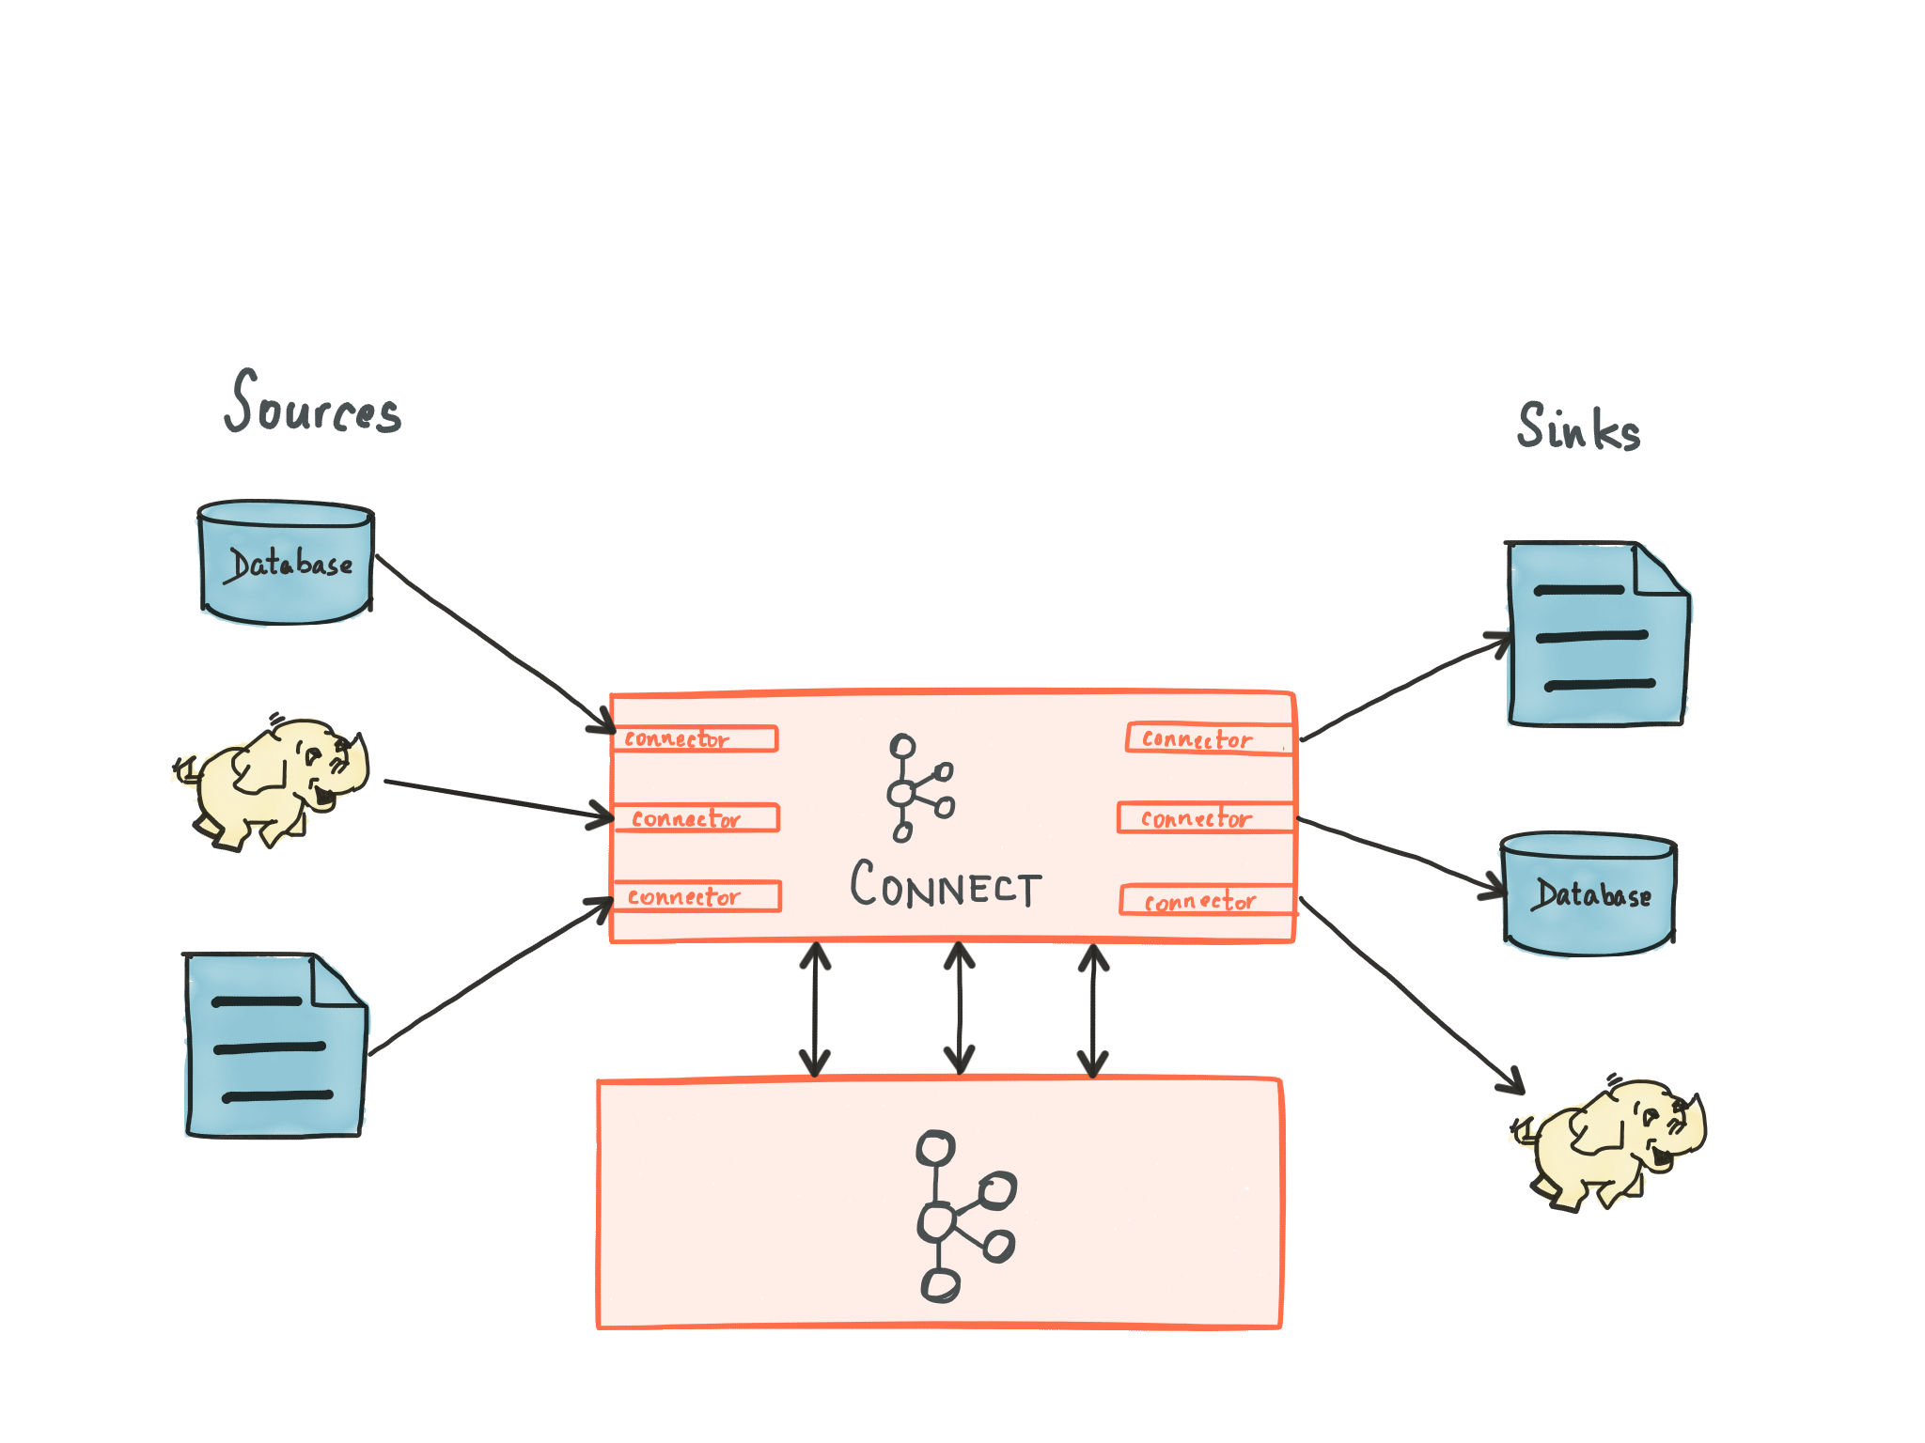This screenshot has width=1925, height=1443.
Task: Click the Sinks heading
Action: click(1578, 428)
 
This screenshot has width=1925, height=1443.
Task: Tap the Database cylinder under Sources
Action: click(286, 564)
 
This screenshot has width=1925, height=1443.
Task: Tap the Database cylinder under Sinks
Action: click(1589, 894)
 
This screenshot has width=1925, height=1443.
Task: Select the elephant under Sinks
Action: click(1607, 1142)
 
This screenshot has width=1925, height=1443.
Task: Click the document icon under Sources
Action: click(274, 1047)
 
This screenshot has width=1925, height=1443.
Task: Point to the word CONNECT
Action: click(945, 885)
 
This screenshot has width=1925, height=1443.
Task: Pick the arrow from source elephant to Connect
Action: click(498, 799)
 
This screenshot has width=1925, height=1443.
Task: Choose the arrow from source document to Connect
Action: click(489, 977)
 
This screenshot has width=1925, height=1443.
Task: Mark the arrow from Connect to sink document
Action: click(1401, 686)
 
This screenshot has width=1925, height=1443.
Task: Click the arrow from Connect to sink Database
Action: click(1401, 851)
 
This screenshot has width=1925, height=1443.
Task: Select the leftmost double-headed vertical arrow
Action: click(814, 1009)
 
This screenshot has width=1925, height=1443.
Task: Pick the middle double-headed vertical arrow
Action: click(959, 1009)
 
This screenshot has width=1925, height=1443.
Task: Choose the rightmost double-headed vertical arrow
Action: click(1093, 1009)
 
